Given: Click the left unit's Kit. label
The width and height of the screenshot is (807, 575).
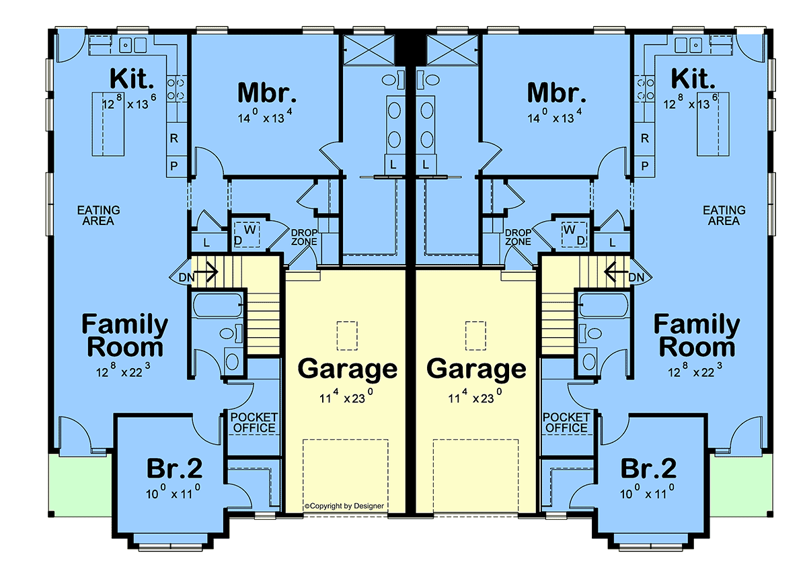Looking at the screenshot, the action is [x=132, y=79].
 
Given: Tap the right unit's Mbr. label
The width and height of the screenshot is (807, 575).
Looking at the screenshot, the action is [x=557, y=93].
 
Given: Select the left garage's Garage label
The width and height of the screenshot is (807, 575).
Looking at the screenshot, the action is [x=347, y=369].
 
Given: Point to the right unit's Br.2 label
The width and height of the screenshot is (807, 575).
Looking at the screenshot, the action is [x=648, y=468].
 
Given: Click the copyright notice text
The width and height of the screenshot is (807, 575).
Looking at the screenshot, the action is [x=344, y=506].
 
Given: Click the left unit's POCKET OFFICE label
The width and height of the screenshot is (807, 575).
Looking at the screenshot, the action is [x=254, y=423].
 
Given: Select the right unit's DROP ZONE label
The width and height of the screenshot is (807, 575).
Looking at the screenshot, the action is [x=518, y=237].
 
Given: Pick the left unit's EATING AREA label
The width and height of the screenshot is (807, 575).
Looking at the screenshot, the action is [x=98, y=215].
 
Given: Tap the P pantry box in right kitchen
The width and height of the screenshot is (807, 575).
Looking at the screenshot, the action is [x=644, y=167].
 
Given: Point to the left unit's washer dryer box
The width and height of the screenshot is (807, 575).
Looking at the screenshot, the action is [x=247, y=234].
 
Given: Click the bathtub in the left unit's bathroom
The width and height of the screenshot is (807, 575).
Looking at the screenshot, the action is [x=218, y=305].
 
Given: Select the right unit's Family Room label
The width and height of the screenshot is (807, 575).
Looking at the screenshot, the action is [x=697, y=335].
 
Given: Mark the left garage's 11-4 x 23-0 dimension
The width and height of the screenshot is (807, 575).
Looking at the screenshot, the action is [x=346, y=397].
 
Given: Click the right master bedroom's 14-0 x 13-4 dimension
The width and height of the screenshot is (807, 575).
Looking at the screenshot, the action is [x=553, y=116].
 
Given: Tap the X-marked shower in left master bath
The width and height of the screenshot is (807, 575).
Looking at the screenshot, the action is [x=369, y=50].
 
